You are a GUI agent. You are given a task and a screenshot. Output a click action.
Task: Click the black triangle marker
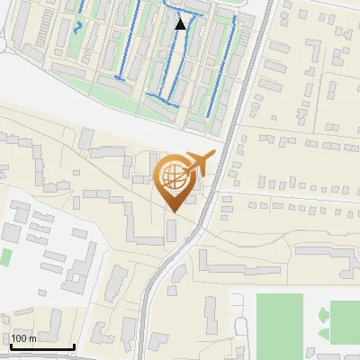181,24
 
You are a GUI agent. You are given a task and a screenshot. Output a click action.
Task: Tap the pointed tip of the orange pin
174,211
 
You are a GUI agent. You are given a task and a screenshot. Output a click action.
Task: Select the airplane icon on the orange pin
199,163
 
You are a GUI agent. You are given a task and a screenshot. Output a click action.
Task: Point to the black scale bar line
42,346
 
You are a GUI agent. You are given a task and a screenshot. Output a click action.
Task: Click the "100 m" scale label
24,338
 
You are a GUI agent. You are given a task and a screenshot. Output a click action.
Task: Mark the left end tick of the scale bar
11,344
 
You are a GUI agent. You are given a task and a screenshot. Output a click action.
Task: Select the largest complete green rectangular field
279,320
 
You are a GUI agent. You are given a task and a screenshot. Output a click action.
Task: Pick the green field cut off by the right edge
346,321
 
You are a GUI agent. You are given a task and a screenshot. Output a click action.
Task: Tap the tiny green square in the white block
4,256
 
